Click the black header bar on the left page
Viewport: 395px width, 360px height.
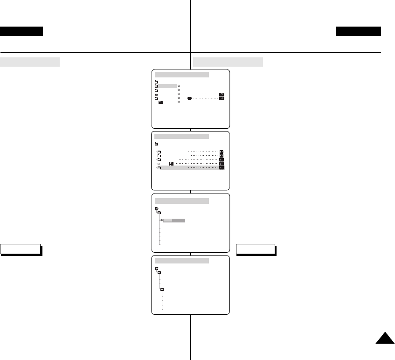(x=21, y=31)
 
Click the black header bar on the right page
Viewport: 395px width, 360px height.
(x=358, y=31)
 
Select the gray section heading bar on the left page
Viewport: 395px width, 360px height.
(x=30, y=62)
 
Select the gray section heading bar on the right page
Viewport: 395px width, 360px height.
(x=228, y=62)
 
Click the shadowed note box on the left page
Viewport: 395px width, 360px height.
(x=21, y=249)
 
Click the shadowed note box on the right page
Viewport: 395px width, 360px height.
(x=256, y=249)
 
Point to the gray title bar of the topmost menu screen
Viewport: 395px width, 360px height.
(x=182, y=75)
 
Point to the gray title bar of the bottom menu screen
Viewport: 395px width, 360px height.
(x=182, y=260)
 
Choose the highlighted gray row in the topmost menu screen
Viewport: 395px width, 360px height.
(x=167, y=86)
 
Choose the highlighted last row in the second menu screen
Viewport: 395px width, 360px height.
(x=189, y=168)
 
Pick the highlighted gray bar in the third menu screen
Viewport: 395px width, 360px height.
(x=174, y=220)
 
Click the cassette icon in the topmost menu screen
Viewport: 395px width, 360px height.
(x=190, y=98)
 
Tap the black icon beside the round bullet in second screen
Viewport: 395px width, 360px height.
(x=171, y=163)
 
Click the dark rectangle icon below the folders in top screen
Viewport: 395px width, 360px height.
(x=160, y=102)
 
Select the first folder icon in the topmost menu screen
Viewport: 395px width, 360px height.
(x=156, y=82)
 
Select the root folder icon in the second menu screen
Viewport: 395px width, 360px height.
(x=156, y=144)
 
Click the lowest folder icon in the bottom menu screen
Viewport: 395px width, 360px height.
(x=162, y=290)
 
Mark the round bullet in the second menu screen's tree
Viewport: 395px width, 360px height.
(x=159, y=164)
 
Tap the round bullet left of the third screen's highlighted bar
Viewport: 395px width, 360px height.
(x=161, y=220)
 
